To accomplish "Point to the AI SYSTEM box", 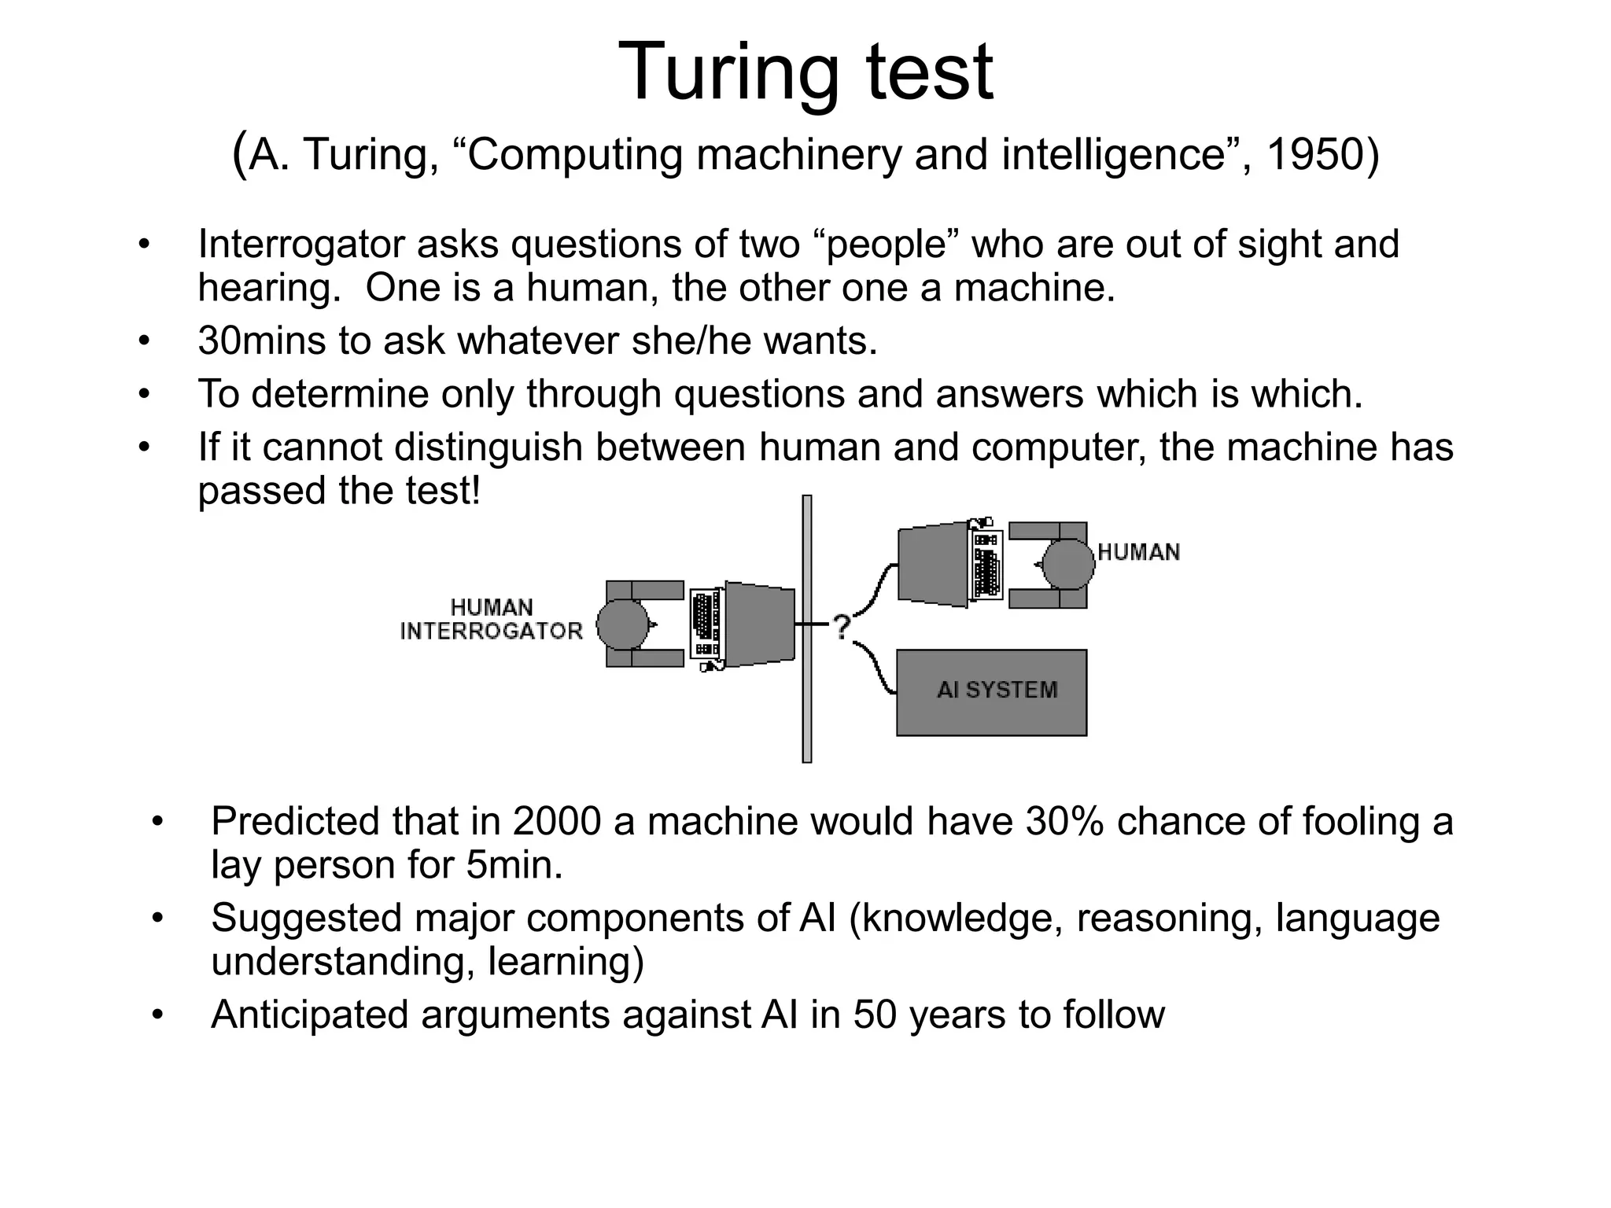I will coord(991,692).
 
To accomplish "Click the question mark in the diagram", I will coord(842,627).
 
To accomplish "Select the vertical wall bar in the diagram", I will coord(806,629).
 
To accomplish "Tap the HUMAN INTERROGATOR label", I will coord(492,619).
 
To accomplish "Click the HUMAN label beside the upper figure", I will coord(1138,552).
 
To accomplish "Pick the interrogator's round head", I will coord(623,624).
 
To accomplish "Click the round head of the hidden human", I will coord(1068,564).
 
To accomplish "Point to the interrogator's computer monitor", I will coord(759,624).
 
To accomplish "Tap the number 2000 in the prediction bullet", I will coord(557,822).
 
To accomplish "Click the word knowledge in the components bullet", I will coord(958,919).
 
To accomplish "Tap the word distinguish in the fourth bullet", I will coord(488,447).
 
